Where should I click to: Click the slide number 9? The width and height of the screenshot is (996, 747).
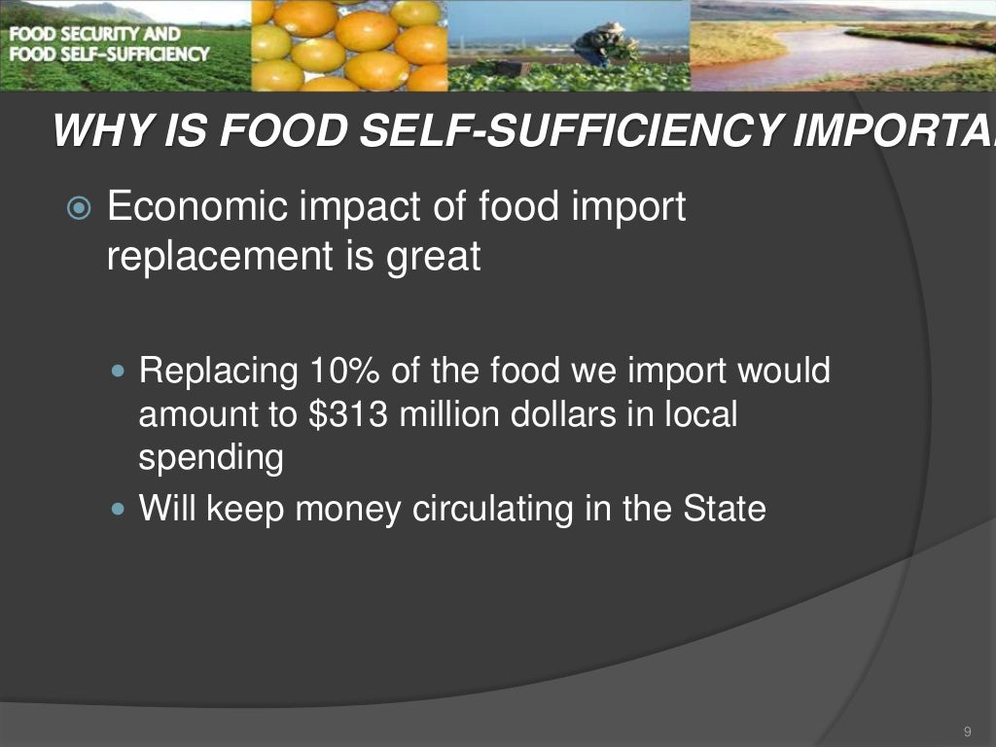(x=967, y=731)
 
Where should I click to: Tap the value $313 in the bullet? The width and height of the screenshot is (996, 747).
(x=343, y=415)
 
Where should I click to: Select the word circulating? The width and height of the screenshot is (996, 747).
(x=502, y=510)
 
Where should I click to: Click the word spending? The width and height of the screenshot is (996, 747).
(x=211, y=458)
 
